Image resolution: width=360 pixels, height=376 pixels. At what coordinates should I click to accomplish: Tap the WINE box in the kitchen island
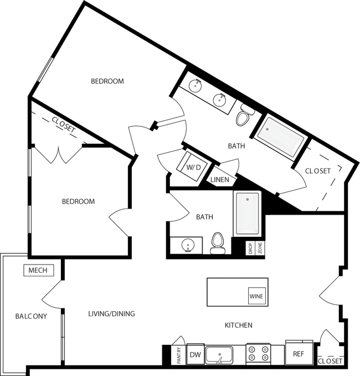pos(256,297)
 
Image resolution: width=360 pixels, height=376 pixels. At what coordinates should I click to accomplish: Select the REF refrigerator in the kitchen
pos(299,353)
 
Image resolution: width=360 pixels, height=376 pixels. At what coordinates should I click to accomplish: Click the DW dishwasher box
pos(194,354)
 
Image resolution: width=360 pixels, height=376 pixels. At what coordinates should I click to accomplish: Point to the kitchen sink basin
pos(220,354)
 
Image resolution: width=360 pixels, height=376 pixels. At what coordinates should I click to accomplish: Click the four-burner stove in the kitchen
pos(258,354)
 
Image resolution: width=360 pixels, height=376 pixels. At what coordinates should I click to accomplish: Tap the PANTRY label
pos(179,355)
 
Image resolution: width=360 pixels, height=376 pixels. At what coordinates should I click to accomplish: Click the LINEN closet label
pos(219,180)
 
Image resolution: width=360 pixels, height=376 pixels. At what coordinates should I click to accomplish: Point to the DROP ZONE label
pos(255,248)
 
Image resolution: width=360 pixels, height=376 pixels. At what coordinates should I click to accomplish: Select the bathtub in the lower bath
pos(246,213)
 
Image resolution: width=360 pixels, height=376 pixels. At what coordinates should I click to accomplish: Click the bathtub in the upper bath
pos(282,136)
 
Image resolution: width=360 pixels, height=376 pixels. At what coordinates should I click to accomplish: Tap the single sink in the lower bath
pos(188,245)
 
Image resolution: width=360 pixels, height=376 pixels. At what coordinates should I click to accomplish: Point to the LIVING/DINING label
pos(111,314)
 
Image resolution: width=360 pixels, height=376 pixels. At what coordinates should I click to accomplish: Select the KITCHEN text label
pos(238,325)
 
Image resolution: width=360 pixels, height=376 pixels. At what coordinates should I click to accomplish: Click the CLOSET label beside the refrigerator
pos(330,362)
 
